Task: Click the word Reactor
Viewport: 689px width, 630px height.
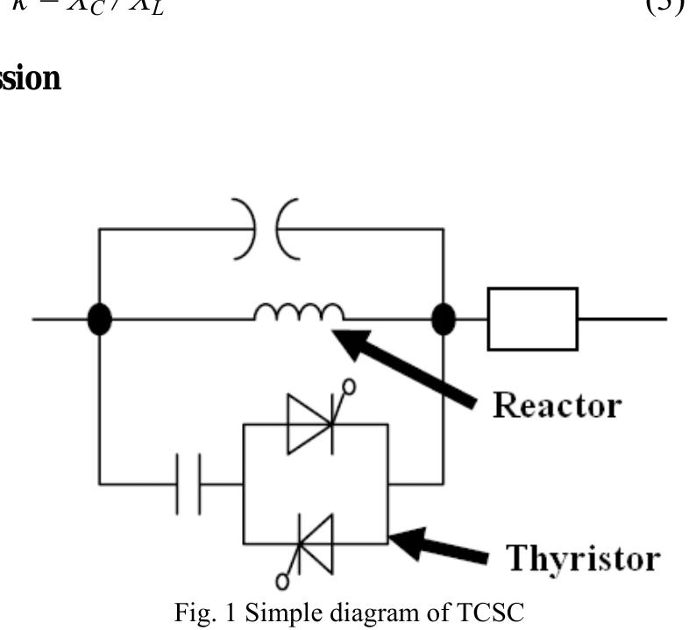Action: (x=557, y=405)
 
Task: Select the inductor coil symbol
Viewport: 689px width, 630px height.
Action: (x=299, y=312)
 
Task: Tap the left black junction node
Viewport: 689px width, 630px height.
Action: (x=100, y=320)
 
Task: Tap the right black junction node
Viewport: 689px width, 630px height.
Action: (x=444, y=320)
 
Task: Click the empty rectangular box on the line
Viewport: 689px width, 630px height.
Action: (x=532, y=319)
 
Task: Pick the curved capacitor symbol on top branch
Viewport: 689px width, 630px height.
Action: (x=266, y=230)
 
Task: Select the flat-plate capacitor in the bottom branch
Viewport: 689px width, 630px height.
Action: (x=188, y=484)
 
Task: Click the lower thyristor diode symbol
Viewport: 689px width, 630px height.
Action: (x=312, y=543)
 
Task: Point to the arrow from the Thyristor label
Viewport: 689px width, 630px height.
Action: (x=438, y=548)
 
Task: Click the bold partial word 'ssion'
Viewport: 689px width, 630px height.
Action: (x=31, y=79)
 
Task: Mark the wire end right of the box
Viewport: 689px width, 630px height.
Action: (x=664, y=319)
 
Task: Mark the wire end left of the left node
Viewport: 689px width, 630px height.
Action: (x=35, y=319)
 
